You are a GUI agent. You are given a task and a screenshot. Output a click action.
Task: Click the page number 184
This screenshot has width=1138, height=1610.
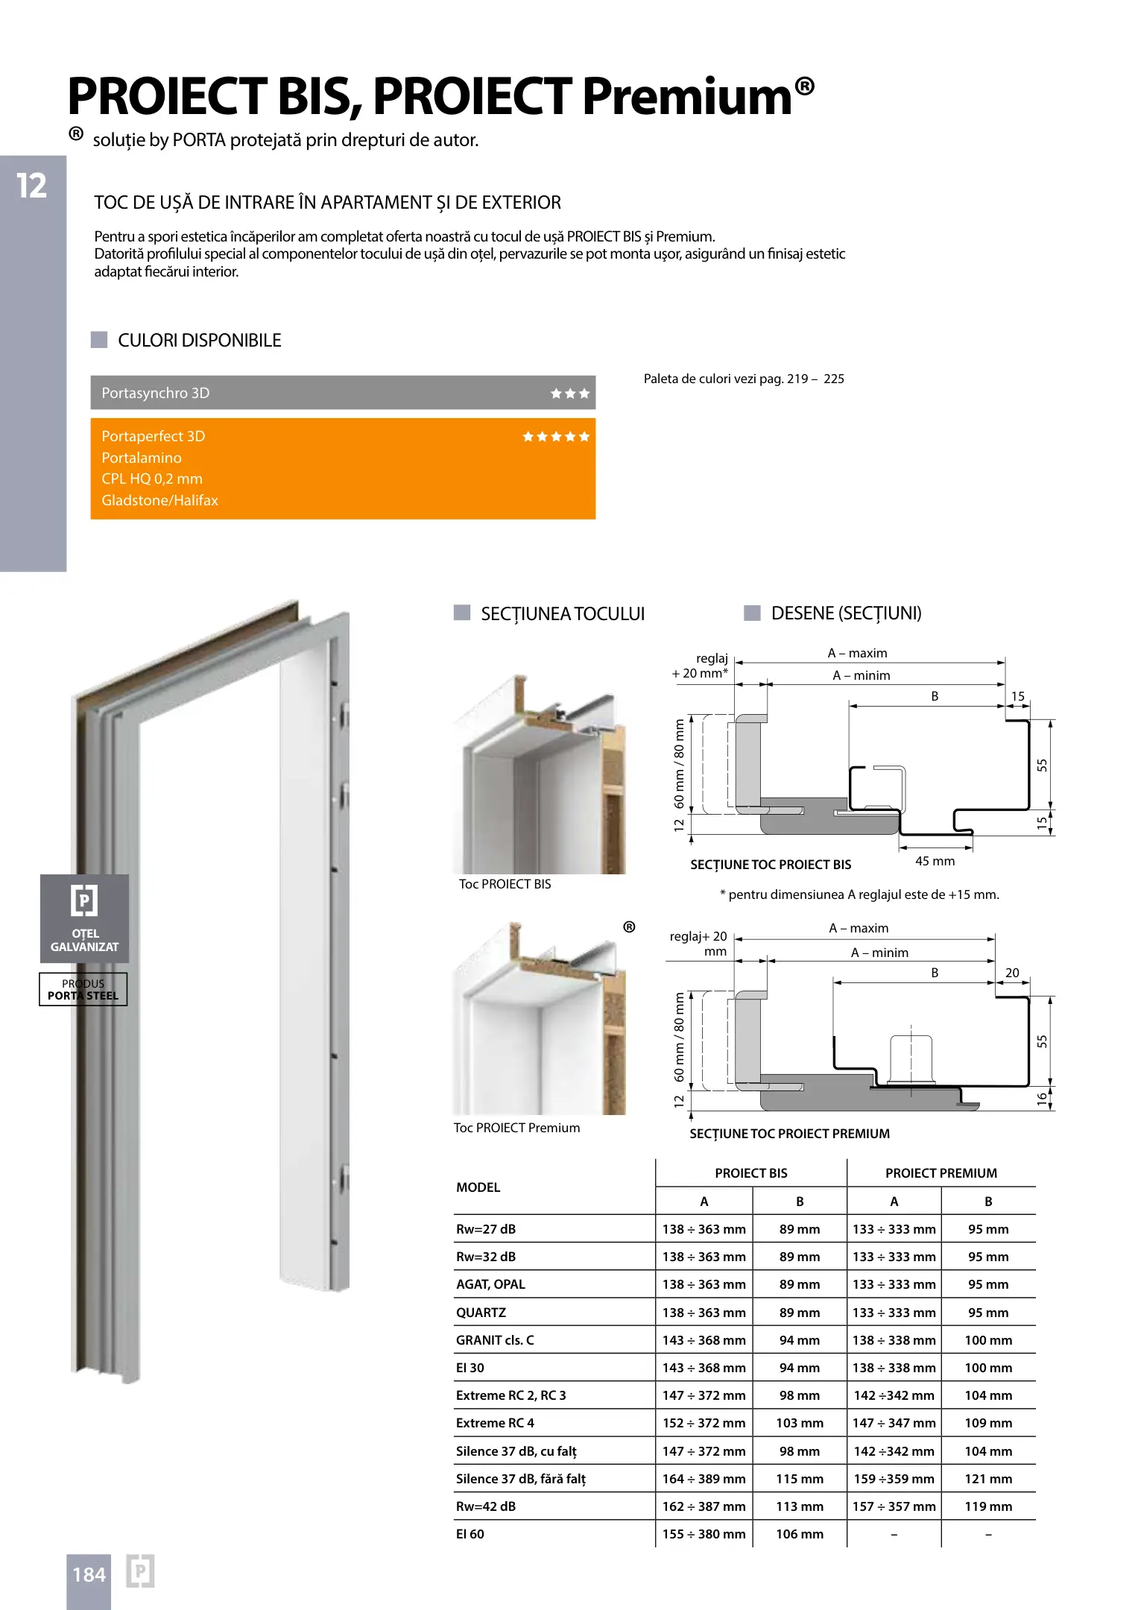pyautogui.click(x=89, y=1574)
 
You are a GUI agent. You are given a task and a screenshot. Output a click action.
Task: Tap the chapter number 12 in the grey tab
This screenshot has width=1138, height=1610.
pyautogui.click(x=32, y=186)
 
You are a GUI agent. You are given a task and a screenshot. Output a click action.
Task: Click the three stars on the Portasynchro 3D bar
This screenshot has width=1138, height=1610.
pyautogui.click(x=570, y=394)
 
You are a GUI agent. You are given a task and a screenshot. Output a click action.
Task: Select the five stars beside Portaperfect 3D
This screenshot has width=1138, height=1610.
pyautogui.click(x=556, y=437)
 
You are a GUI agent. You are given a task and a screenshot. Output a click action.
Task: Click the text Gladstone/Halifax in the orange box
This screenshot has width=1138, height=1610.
pyautogui.click(x=159, y=500)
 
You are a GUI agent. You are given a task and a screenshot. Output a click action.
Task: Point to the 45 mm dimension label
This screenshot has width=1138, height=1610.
pyautogui.click(x=935, y=861)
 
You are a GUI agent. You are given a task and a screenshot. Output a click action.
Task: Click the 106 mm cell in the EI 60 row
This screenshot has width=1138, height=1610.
pyautogui.click(x=799, y=1534)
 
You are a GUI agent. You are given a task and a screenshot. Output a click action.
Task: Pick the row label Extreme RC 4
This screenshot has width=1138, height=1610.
pyautogui.click(x=495, y=1423)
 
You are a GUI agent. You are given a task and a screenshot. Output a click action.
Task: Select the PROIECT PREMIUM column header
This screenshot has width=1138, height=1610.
pyautogui.click(x=941, y=1173)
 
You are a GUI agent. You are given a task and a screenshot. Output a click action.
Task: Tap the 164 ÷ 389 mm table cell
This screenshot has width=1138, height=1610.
pyautogui.click(x=704, y=1479)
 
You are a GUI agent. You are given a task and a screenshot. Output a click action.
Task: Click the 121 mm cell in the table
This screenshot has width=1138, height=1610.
pyautogui.click(x=988, y=1479)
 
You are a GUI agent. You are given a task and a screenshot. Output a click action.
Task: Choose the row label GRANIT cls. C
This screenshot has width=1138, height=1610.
pyautogui.click(x=495, y=1340)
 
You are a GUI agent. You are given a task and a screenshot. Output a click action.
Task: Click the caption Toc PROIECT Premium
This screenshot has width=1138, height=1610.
pyautogui.click(x=516, y=1128)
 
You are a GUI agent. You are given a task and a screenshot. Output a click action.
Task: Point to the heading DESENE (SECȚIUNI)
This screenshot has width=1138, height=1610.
pyautogui.click(x=846, y=613)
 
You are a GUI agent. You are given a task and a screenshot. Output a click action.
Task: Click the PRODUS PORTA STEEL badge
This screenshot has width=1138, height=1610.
pyautogui.click(x=83, y=989)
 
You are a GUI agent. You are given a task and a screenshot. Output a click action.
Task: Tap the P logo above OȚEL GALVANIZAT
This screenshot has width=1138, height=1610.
pyautogui.click(x=84, y=900)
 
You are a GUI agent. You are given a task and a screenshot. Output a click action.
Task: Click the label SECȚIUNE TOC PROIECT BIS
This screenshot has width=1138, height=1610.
pyautogui.click(x=771, y=865)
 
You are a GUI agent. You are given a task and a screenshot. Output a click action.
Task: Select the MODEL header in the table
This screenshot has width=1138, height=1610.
pyautogui.click(x=478, y=1187)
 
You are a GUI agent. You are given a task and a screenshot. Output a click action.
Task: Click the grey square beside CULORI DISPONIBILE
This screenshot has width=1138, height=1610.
pyautogui.click(x=99, y=340)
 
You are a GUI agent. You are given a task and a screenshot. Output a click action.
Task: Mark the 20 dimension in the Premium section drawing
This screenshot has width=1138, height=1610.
pyautogui.click(x=1012, y=973)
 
